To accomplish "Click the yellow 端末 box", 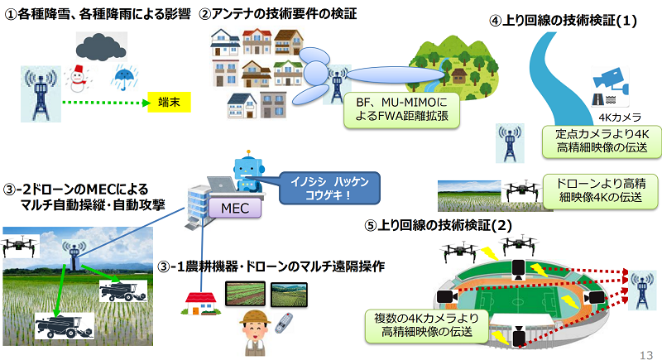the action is coord(169,102).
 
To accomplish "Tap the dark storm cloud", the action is coord(101,46).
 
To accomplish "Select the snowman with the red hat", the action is coord(78,79).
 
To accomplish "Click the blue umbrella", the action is coord(124,77).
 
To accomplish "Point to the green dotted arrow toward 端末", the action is coord(107,103).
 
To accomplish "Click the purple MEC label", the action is coord(235,208).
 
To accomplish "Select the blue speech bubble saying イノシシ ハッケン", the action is coord(329,188).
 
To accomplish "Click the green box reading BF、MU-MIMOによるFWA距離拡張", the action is coord(401,110).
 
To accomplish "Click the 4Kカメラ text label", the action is coord(619,117).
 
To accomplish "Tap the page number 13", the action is coord(646,355).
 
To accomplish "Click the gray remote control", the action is coord(284,323).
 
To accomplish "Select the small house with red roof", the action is coord(201,304).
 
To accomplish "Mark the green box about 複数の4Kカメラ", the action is coord(427,325).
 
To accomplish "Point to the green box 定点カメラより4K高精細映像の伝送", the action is coord(602,141).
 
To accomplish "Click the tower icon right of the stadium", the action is coord(642,290).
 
